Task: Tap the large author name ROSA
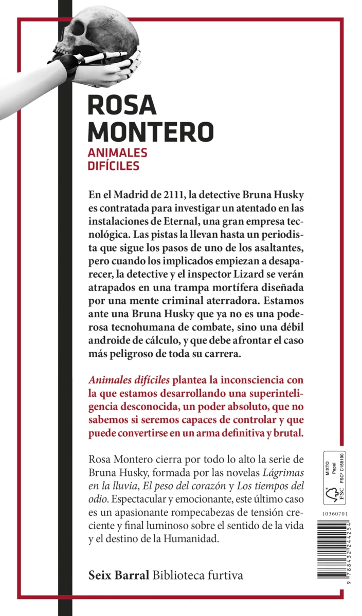(x=122, y=105)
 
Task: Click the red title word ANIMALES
(x=118, y=152)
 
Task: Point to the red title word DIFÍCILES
(x=114, y=166)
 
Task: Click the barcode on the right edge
(x=334, y=554)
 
